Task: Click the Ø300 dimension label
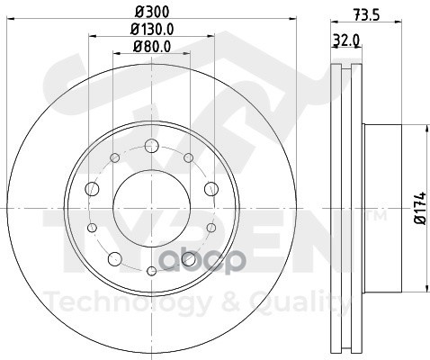[152, 12]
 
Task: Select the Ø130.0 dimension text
[152, 29]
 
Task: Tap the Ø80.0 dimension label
[152, 47]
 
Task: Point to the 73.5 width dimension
[366, 14]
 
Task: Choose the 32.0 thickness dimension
[346, 40]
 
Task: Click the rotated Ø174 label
[420, 208]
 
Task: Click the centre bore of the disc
[152, 208]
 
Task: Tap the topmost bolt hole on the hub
[151, 146]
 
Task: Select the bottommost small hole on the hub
[152, 271]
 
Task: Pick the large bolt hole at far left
[92, 189]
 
